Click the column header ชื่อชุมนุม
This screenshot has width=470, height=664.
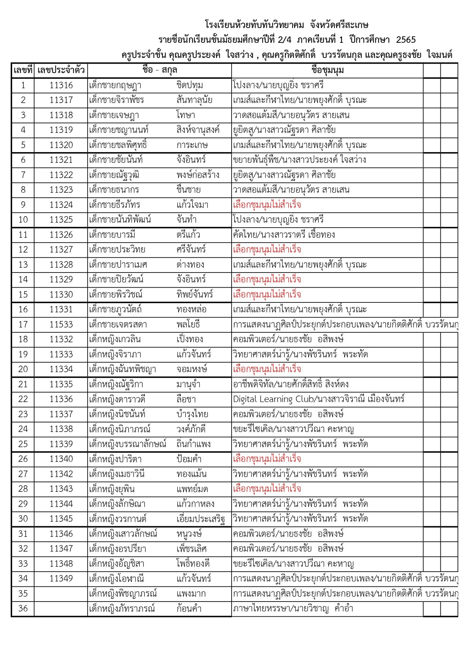327,70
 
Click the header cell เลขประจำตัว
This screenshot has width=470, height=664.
61,70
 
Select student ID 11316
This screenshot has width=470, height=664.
61,85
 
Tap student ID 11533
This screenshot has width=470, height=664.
61,324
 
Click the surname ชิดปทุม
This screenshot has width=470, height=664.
190,85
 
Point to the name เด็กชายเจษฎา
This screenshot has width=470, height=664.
114,115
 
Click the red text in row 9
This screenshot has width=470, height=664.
267,205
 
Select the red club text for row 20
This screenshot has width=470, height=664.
267,369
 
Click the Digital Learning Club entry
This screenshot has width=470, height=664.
318,399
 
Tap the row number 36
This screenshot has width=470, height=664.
23,609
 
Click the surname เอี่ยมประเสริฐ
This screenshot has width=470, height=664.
201,519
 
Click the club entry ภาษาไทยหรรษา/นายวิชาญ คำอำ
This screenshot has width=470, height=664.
293,609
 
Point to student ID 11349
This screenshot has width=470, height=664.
61,579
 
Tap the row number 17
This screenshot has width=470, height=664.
23,324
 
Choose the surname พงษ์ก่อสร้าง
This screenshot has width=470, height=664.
198,175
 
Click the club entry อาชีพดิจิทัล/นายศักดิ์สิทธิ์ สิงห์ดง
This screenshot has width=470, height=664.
291,384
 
